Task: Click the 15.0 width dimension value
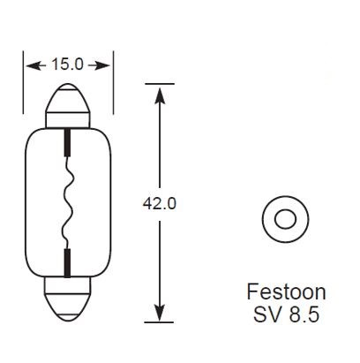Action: point(69,64)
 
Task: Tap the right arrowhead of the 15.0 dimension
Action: point(106,64)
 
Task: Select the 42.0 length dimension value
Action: point(160,202)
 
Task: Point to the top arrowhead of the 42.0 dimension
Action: point(160,90)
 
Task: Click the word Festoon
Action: point(284,292)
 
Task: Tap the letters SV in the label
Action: point(265,313)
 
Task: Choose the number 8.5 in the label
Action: point(302,313)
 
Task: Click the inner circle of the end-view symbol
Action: point(284,216)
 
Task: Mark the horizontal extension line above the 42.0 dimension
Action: point(160,84)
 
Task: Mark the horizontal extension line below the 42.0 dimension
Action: point(160,321)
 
